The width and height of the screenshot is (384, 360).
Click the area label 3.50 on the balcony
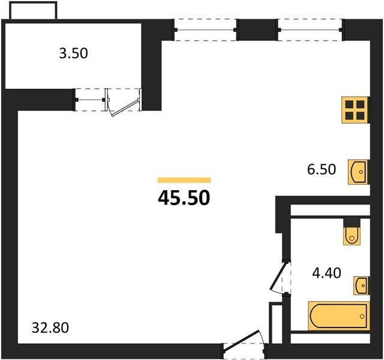point(73,53)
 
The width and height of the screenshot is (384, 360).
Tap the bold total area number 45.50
point(184,198)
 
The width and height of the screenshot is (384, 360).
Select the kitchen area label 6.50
point(322,169)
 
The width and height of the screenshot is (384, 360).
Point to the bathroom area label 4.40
point(326,273)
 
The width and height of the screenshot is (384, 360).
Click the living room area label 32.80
point(50,328)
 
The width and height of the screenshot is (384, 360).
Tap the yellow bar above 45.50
point(184,180)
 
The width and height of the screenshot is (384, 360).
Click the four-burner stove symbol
point(355,110)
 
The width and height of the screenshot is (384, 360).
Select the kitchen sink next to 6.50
point(358,172)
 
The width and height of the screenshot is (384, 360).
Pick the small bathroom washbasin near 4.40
point(361,286)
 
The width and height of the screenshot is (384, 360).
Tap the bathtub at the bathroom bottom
point(339,316)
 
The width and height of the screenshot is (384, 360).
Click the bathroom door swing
point(279,276)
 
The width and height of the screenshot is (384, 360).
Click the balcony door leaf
point(125,107)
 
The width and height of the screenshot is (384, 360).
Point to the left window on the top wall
point(205,30)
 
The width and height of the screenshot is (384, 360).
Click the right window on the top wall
point(310,30)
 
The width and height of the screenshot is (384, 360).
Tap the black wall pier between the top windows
point(257,30)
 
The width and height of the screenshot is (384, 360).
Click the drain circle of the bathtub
point(362,316)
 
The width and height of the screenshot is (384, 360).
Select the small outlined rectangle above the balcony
point(34,10)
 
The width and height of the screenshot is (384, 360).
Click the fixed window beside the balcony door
point(90,100)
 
